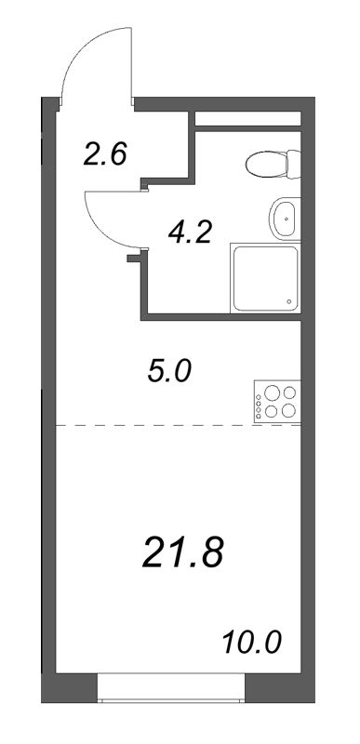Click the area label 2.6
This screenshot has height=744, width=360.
coord(105,154)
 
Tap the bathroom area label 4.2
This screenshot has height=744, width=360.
coord(189,232)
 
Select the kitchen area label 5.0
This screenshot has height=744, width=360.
coord(169,372)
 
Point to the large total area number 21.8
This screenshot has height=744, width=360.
coord(182,553)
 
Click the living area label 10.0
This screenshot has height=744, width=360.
coord(252,643)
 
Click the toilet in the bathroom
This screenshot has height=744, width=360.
coord(273,164)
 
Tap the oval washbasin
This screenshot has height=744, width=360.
coord(284,219)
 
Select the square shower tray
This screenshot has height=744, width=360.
coord(266,278)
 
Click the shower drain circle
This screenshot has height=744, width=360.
coord(289,301)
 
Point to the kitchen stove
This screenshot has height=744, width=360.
coord(277,402)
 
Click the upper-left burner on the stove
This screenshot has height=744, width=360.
coord(272,392)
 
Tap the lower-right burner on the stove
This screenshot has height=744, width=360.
coord(289,410)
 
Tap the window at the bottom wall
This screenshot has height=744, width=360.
coord(171,687)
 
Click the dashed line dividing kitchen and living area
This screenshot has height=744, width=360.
coord(179,425)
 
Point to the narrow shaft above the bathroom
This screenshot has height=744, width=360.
coord(248,119)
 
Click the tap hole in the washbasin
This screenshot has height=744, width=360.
coord(286,219)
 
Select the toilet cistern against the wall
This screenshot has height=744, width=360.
coord(294,164)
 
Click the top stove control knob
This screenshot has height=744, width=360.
coord(259,397)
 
